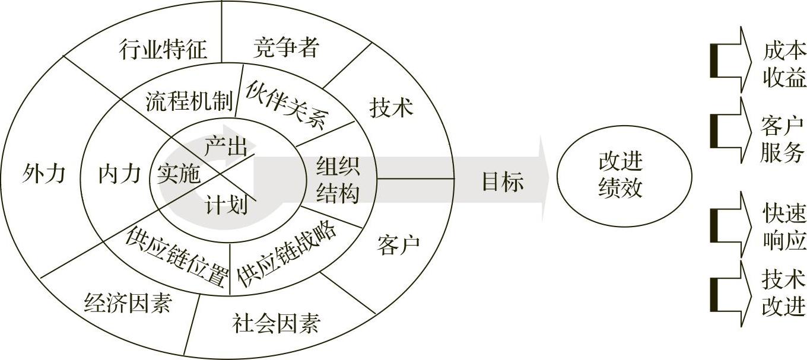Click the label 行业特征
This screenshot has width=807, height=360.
(163, 49)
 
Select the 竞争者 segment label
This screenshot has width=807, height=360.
(286, 47)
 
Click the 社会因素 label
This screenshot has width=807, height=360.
(276, 323)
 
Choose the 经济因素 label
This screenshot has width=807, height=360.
(128, 304)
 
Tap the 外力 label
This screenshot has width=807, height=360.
(43, 174)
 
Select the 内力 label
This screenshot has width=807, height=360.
(120, 174)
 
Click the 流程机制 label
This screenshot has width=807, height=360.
(189, 101)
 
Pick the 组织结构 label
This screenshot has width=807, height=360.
(338, 179)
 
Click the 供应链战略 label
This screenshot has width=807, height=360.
(287, 254)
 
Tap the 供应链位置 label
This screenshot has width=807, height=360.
(177, 256)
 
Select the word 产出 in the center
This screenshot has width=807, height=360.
(225, 146)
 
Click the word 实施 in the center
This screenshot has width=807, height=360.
(179, 174)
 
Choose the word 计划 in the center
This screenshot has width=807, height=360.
(226, 205)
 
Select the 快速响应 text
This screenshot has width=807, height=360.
(784, 228)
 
